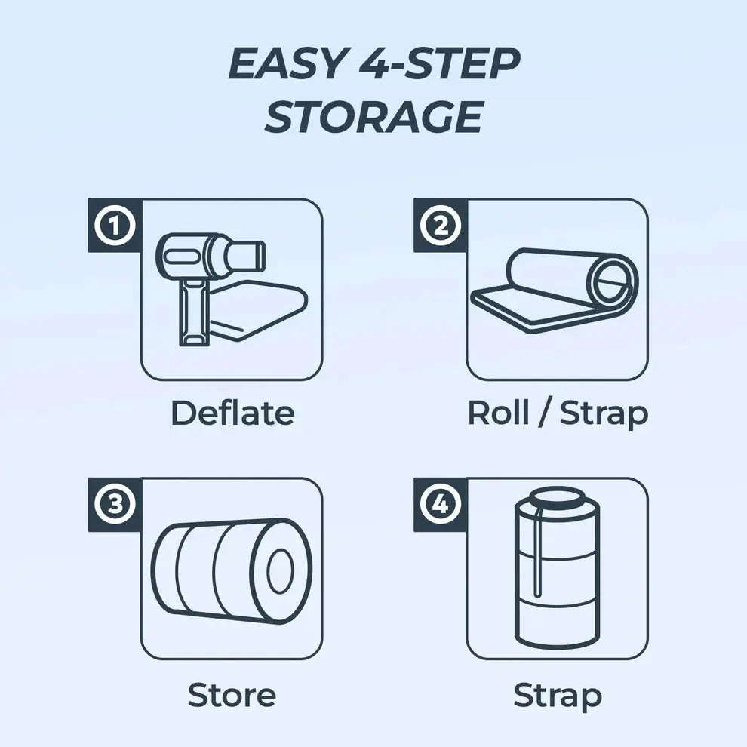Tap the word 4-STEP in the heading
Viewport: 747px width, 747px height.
[438, 64]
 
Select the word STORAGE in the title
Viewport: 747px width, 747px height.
[374, 117]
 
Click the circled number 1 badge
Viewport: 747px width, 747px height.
[115, 226]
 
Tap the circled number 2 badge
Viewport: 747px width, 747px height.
[441, 226]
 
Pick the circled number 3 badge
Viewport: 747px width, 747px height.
[115, 505]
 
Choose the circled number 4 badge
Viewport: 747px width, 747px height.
[441, 505]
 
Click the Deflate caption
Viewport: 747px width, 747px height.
[232, 413]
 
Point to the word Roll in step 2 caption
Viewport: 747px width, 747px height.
[498, 413]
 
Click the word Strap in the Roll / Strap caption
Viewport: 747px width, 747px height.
[604, 414]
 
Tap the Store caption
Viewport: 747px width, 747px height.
[232, 695]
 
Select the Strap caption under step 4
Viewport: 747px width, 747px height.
[558, 697]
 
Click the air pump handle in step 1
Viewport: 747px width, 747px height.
[193, 312]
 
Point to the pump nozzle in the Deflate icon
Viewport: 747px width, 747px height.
[247, 256]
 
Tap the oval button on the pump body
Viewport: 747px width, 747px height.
[179, 257]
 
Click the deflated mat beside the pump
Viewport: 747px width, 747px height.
[258, 310]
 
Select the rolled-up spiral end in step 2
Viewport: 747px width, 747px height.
[613, 286]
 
